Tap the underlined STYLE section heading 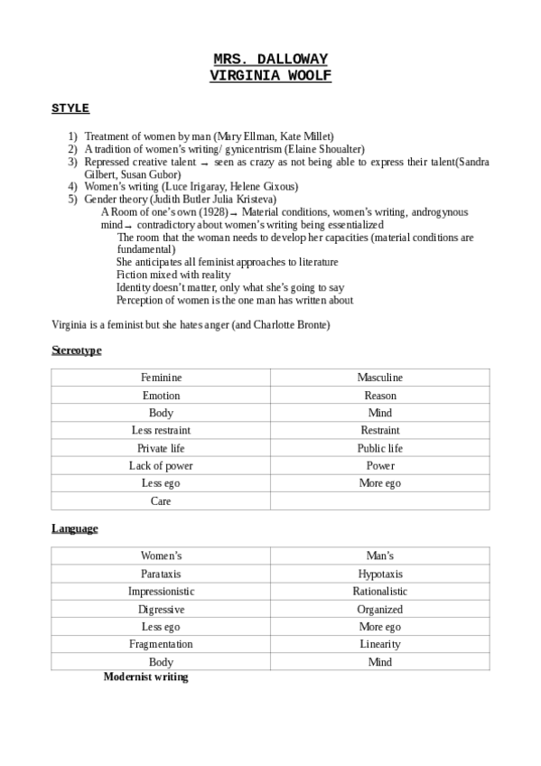(70, 108)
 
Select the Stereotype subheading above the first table (76, 350)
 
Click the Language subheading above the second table (74, 528)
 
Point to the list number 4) (72, 186)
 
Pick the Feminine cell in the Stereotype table (161, 378)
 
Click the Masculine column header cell (379, 378)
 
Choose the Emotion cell (161, 396)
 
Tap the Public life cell (379, 448)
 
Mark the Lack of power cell (161, 466)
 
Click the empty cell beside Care (379, 501)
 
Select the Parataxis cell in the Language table (161, 574)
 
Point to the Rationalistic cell (379, 592)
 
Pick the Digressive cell (161, 610)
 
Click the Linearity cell (379, 644)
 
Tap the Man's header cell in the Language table (379, 556)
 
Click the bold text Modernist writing (145, 677)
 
